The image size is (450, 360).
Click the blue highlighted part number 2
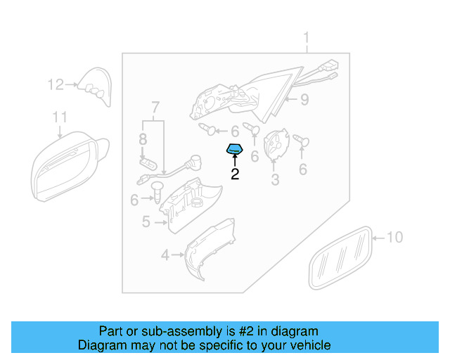coord(234,149)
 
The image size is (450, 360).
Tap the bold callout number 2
coord(235,173)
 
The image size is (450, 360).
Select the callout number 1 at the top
coord(307,37)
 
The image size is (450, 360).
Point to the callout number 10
coord(395,238)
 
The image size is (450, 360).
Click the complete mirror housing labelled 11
coord(67,168)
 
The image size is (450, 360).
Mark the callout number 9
coord(304,100)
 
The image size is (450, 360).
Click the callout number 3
coord(275,181)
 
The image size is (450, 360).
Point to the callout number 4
coord(165,255)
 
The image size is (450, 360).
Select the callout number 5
coord(146,222)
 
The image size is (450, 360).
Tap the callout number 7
coord(155,108)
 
